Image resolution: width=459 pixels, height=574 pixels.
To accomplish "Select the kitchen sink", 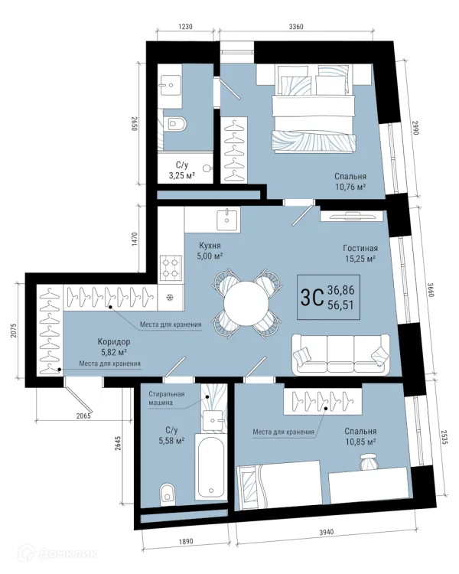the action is [227, 220].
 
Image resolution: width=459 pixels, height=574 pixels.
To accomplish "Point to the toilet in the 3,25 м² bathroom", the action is [176, 124].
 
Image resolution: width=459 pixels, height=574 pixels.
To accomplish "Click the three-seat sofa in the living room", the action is [340, 354].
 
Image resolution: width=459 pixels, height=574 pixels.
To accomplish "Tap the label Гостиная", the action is [360, 248].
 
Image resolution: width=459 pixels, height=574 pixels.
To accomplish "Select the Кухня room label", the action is [210, 245].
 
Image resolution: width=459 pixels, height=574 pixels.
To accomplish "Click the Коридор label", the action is [114, 342].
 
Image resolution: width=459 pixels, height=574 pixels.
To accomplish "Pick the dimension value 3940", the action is [326, 532].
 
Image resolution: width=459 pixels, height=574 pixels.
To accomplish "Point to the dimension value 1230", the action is [185, 26].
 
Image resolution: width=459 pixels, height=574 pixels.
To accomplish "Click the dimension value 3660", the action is [431, 290].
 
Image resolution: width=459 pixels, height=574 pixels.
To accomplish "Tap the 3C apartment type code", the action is [311, 297].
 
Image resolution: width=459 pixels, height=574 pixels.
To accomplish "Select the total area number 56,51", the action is [340, 305].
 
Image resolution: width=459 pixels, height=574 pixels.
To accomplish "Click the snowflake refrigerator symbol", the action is [170, 297].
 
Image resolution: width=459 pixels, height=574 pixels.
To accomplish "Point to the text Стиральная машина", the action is [167, 398].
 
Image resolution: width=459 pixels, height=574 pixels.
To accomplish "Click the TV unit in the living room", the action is [352, 216].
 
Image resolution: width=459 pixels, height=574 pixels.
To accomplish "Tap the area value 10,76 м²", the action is [350, 187].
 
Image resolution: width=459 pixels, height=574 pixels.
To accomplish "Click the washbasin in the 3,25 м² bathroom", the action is [170, 86].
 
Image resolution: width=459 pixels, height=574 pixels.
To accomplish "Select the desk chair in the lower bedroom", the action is [367, 461].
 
